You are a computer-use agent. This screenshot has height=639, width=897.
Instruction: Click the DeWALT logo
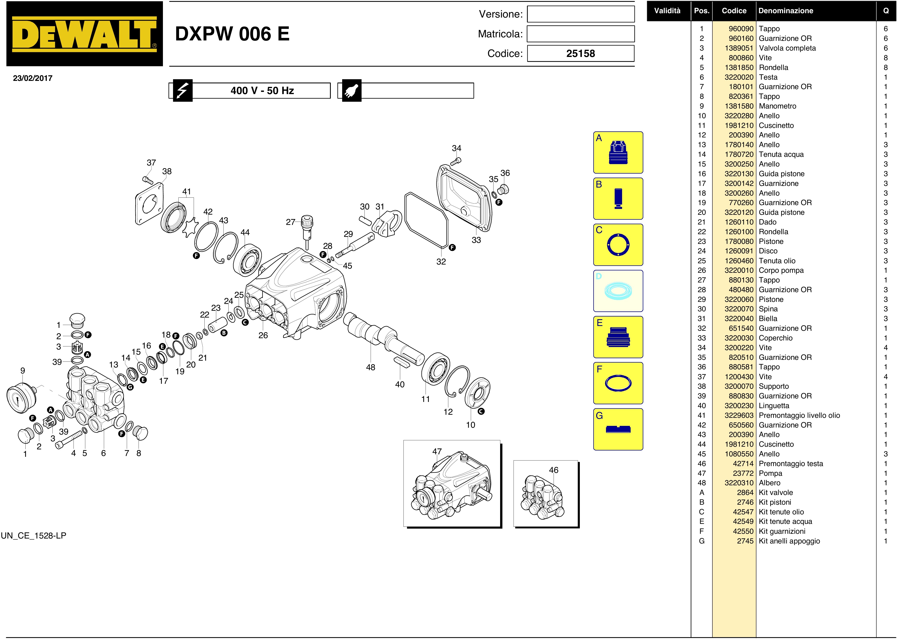pyautogui.click(x=84, y=34)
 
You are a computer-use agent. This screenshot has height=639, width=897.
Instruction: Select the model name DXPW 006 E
pyautogui.click(x=232, y=34)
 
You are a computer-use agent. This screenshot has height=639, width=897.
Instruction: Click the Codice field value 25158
pyautogui.click(x=580, y=53)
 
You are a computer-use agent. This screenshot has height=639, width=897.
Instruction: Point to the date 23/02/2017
pyautogui.click(x=33, y=78)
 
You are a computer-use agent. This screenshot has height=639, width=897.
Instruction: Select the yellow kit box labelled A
pyautogui.click(x=618, y=152)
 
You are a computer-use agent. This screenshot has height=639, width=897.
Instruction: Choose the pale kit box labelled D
pyautogui.click(x=618, y=291)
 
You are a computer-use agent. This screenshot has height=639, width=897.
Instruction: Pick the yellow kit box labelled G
pyautogui.click(x=618, y=429)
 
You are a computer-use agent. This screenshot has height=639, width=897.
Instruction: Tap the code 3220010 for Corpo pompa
pyautogui.click(x=739, y=270)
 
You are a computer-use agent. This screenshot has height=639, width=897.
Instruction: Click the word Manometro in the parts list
pyautogui.click(x=777, y=106)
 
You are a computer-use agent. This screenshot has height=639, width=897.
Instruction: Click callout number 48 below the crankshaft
pyautogui.click(x=370, y=367)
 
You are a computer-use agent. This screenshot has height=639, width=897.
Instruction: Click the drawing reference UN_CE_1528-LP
pyautogui.click(x=33, y=535)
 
